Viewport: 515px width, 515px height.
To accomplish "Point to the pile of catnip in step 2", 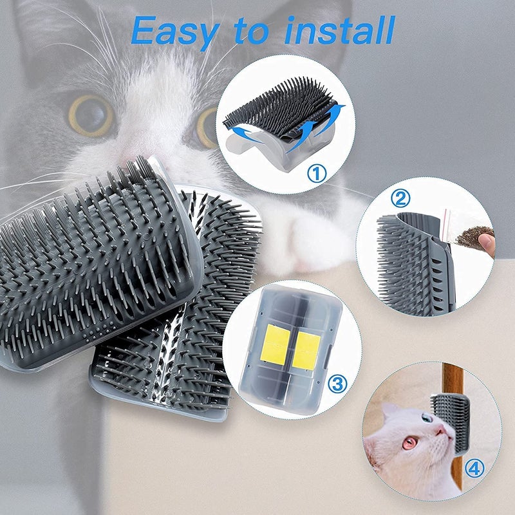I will (474, 235).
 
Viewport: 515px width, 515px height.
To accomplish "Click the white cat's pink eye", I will (409, 443).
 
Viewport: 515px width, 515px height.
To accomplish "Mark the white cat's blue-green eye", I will (427, 418).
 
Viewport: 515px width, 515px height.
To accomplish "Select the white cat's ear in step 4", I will (389, 412).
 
